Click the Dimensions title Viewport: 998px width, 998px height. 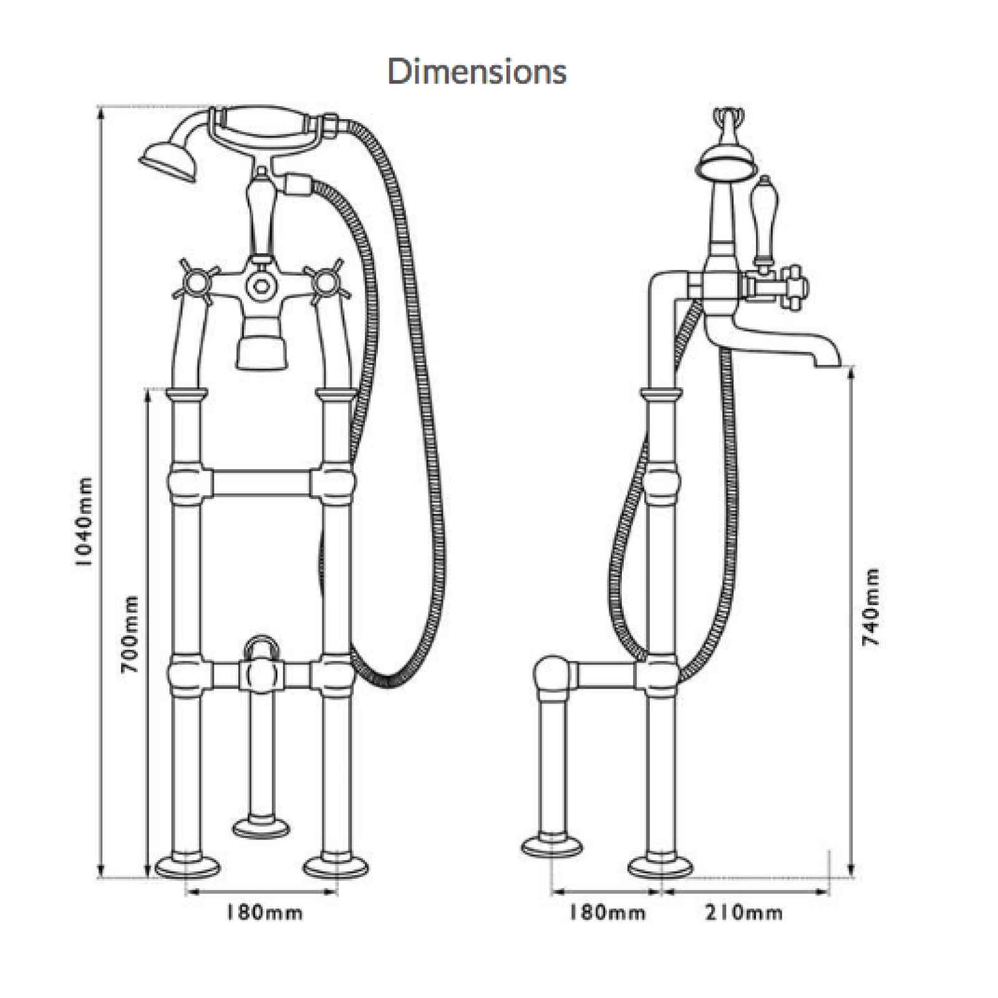pyautogui.click(x=477, y=71)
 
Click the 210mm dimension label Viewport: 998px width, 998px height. pyautogui.click(x=744, y=913)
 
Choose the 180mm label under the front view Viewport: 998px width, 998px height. pyautogui.click(x=264, y=913)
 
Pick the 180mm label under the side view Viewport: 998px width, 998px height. pyautogui.click(x=606, y=913)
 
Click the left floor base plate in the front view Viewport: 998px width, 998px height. pyautogui.click(x=187, y=866)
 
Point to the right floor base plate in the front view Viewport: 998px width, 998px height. pyautogui.click(x=336, y=866)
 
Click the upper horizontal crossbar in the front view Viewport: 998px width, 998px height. pyautogui.click(x=262, y=483)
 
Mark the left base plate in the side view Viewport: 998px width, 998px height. pyautogui.click(x=552, y=846)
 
